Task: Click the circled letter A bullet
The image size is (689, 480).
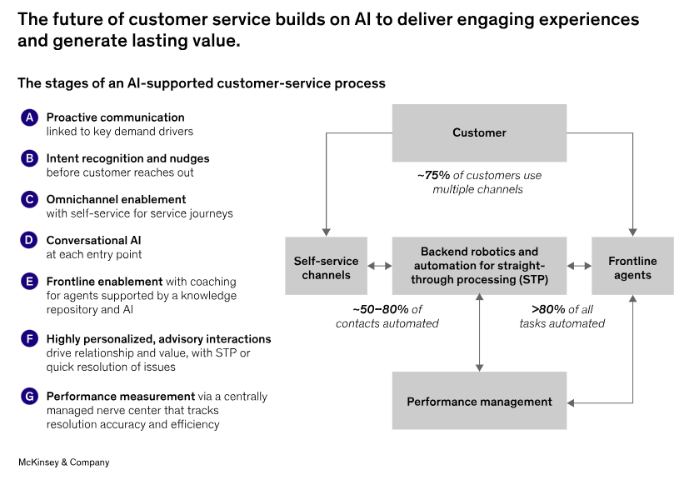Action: (x=29, y=117)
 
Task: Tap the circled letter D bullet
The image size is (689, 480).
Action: (x=29, y=240)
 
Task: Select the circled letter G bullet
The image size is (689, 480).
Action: (x=29, y=396)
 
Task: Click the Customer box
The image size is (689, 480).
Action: (x=479, y=132)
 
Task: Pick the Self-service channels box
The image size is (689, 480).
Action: (x=326, y=266)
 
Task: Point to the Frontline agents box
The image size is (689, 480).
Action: (x=632, y=266)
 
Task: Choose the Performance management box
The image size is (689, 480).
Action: (x=479, y=401)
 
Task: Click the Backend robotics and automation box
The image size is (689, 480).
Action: (x=479, y=266)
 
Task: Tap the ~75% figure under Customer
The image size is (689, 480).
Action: (x=434, y=175)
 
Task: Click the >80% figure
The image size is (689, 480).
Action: (x=548, y=309)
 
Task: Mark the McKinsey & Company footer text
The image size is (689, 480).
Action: (x=63, y=462)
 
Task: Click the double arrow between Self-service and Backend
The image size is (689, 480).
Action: (x=380, y=266)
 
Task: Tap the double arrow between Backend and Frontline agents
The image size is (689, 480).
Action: (x=579, y=266)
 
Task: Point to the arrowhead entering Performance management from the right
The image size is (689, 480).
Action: (x=571, y=402)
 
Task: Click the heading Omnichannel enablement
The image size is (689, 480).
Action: (x=116, y=199)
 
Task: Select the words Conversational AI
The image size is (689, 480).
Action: (x=93, y=240)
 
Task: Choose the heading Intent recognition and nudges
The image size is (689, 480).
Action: (x=127, y=158)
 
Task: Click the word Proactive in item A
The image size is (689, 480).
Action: (x=69, y=117)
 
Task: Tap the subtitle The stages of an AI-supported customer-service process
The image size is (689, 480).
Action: (x=202, y=83)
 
